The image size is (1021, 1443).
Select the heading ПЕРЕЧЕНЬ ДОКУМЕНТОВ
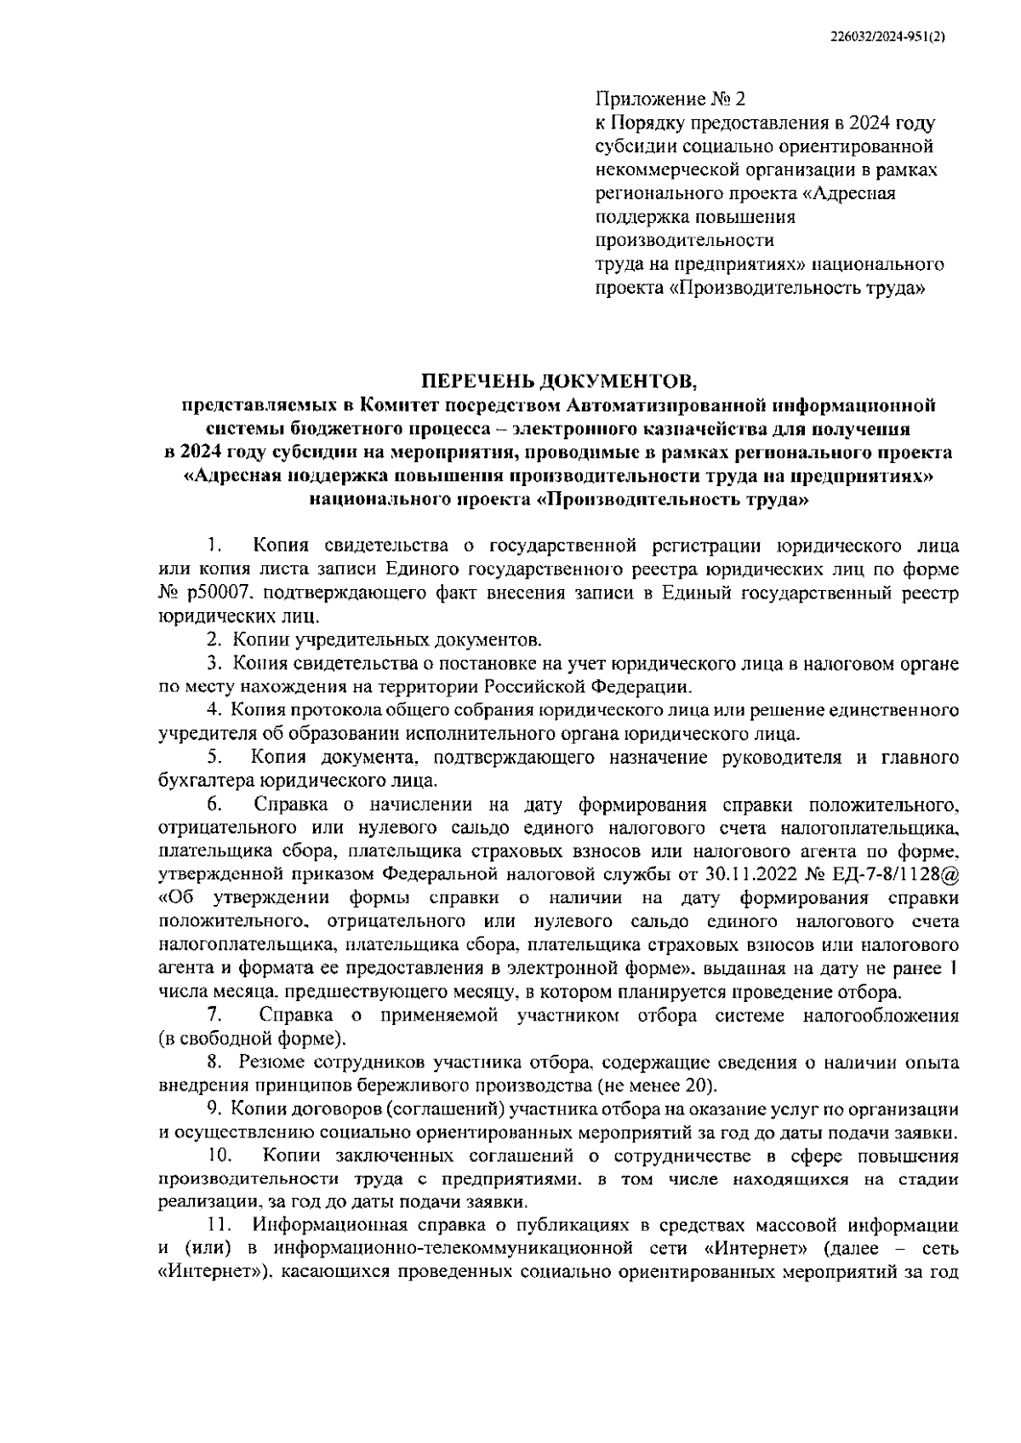pyautogui.click(x=560, y=376)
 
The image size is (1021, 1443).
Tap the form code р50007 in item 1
pyautogui.click(x=221, y=593)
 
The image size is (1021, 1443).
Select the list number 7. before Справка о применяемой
pyautogui.click(x=214, y=1015)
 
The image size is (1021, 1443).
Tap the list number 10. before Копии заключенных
pyautogui.click(x=220, y=1155)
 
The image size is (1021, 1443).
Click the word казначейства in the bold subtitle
pyautogui.click(x=748, y=424)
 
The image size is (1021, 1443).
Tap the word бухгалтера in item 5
pyautogui.click(x=206, y=781)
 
